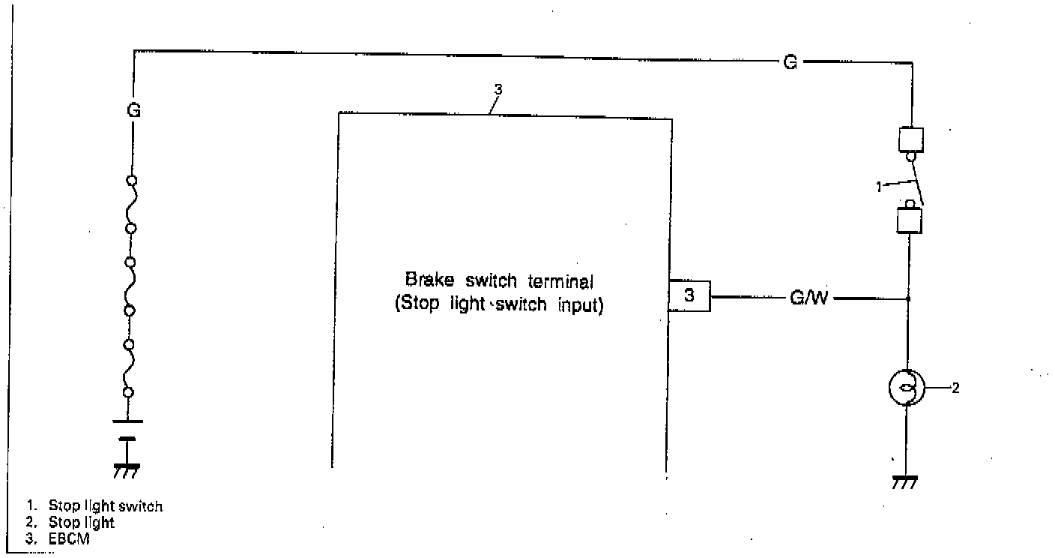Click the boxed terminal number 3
coord(689,296)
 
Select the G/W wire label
coord(809,298)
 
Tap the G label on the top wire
coord(790,62)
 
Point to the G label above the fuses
coord(133,110)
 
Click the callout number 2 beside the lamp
coord(955,388)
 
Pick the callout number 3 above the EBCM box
coord(499,89)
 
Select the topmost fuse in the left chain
coord(131,203)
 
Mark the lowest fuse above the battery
coord(130,367)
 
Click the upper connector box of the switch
coord(910,139)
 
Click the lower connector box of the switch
coord(910,220)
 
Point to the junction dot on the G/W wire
coord(908,298)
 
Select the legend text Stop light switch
coord(105,505)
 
